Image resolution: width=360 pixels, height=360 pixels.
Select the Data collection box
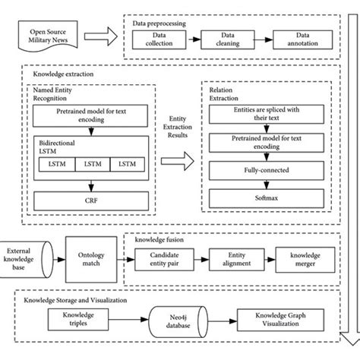(159, 38)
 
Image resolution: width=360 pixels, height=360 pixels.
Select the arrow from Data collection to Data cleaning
(194, 38)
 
